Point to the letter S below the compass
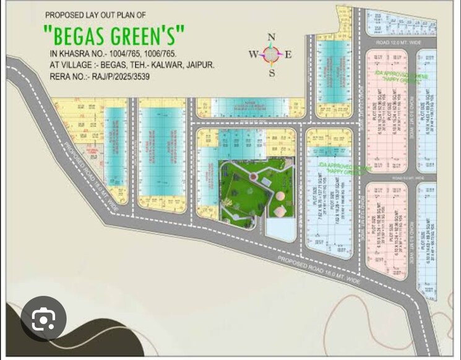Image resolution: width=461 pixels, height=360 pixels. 272,73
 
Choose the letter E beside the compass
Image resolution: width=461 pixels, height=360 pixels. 288,54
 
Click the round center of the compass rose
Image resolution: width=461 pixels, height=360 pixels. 271,54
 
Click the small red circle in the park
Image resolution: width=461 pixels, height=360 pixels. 252,178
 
